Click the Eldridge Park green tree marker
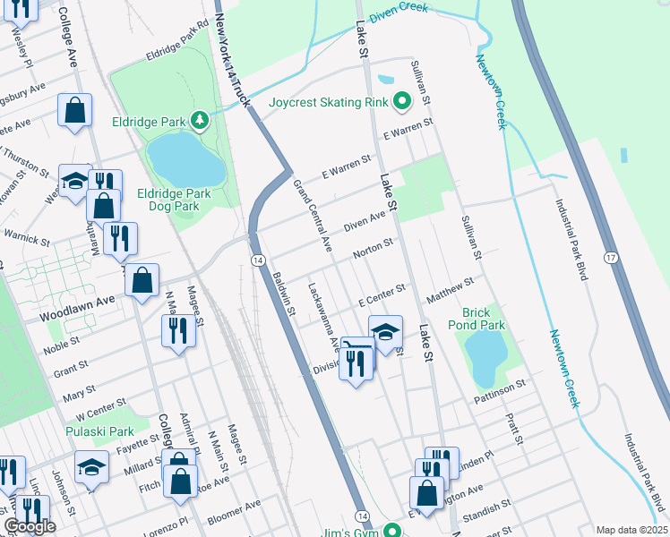click(203, 120)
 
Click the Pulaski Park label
click(99, 431)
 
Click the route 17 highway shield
click(610, 258)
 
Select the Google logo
click(30, 526)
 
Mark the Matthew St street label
click(450, 288)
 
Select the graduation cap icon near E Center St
click(385, 333)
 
